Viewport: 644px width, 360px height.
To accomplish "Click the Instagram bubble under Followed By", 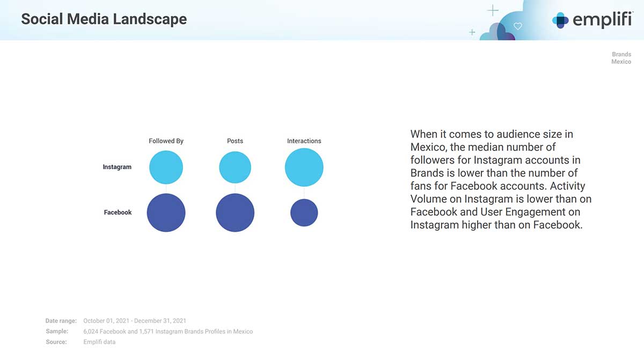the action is tap(166, 167).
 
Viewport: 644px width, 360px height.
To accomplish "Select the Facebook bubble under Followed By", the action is tap(166, 212).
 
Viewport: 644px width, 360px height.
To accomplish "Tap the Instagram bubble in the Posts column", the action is tap(235, 167).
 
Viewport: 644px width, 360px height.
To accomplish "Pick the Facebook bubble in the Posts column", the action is tap(235, 212).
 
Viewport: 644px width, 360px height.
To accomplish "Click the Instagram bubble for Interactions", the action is tap(304, 167).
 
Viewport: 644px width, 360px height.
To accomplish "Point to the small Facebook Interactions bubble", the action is tap(304, 212).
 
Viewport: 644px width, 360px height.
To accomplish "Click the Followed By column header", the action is tap(166, 141).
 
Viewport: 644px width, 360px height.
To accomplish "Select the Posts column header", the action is tap(235, 141).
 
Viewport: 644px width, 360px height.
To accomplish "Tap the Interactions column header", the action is tap(304, 141).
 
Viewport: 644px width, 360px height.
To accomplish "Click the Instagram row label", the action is tap(117, 167).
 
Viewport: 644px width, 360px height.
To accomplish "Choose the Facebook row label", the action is tap(118, 212).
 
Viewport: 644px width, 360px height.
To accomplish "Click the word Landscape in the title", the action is tap(150, 19).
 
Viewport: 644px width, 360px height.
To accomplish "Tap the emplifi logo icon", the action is tap(560, 20).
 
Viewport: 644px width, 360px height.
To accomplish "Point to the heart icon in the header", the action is tap(518, 26).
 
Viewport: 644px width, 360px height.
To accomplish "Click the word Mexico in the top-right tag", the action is tap(621, 62).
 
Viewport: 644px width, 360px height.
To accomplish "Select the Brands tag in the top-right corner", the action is tap(621, 54).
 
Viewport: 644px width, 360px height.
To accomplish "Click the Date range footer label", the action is tap(61, 321).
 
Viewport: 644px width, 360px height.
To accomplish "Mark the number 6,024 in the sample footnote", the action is tap(91, 331).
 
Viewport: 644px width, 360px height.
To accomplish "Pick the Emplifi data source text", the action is tap(99, 342).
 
